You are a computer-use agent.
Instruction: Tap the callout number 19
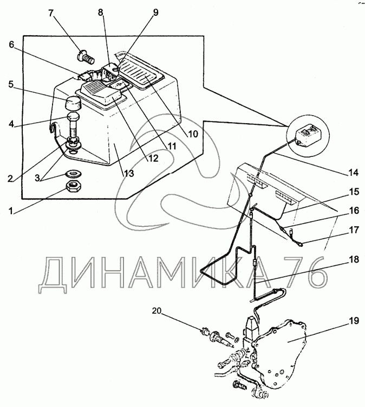(353, 321)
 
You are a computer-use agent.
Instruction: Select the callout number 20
(157, 311)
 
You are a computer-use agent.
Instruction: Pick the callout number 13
(128, 174)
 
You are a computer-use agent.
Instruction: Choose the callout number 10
(193, 133)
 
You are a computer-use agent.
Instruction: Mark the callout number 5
(10, 85)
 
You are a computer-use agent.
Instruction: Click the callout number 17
(353, 230)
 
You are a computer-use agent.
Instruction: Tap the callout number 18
(353, 260)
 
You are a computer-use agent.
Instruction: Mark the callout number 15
(353, 192)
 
